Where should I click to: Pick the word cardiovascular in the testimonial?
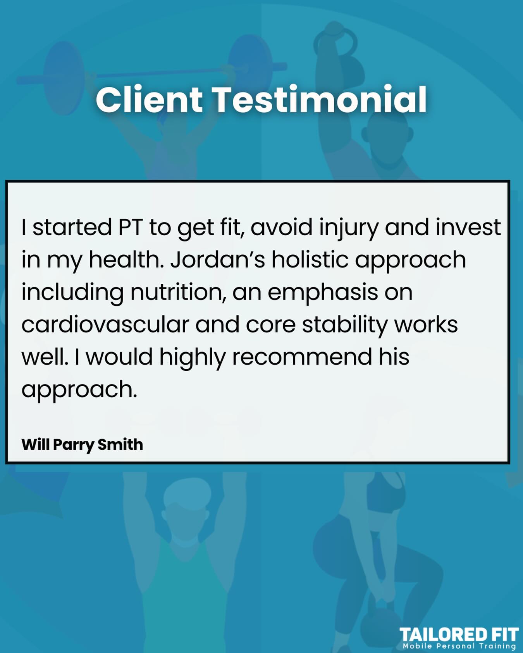(105, 324)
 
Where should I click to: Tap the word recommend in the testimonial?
(302, 357)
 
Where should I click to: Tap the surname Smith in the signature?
(120, 444)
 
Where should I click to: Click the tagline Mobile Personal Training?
(459, 646)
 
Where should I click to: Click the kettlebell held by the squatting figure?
(382, 623)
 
